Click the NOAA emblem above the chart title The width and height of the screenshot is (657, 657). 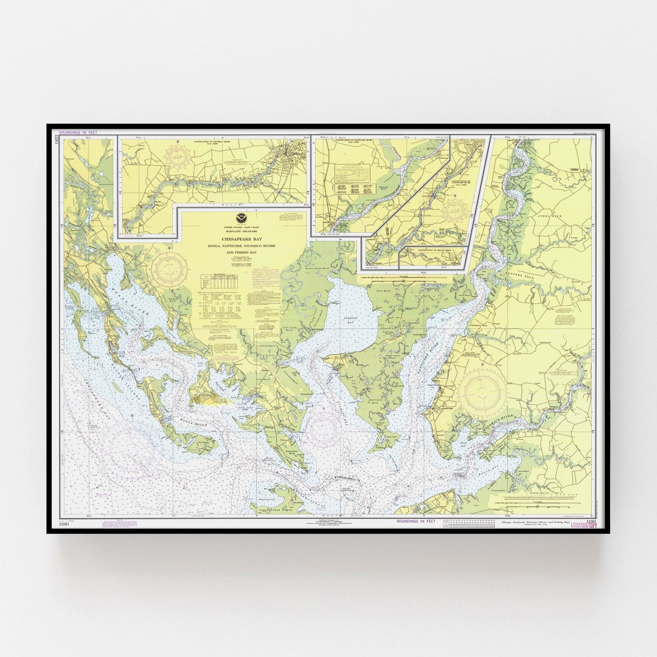(x=240, y=218)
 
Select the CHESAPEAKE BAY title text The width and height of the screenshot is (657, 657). (x=240, y=238)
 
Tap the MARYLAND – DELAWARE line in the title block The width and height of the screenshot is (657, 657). (x=240, y=232)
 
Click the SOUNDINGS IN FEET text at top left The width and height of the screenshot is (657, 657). (x=77, y=132)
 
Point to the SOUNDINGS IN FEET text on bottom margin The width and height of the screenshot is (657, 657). (x=416, y=521)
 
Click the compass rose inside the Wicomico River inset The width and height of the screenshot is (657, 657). (x=181, y=157)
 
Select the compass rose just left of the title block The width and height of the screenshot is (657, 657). (x=170, y=269)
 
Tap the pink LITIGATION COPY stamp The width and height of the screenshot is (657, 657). (x=583, y=524)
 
